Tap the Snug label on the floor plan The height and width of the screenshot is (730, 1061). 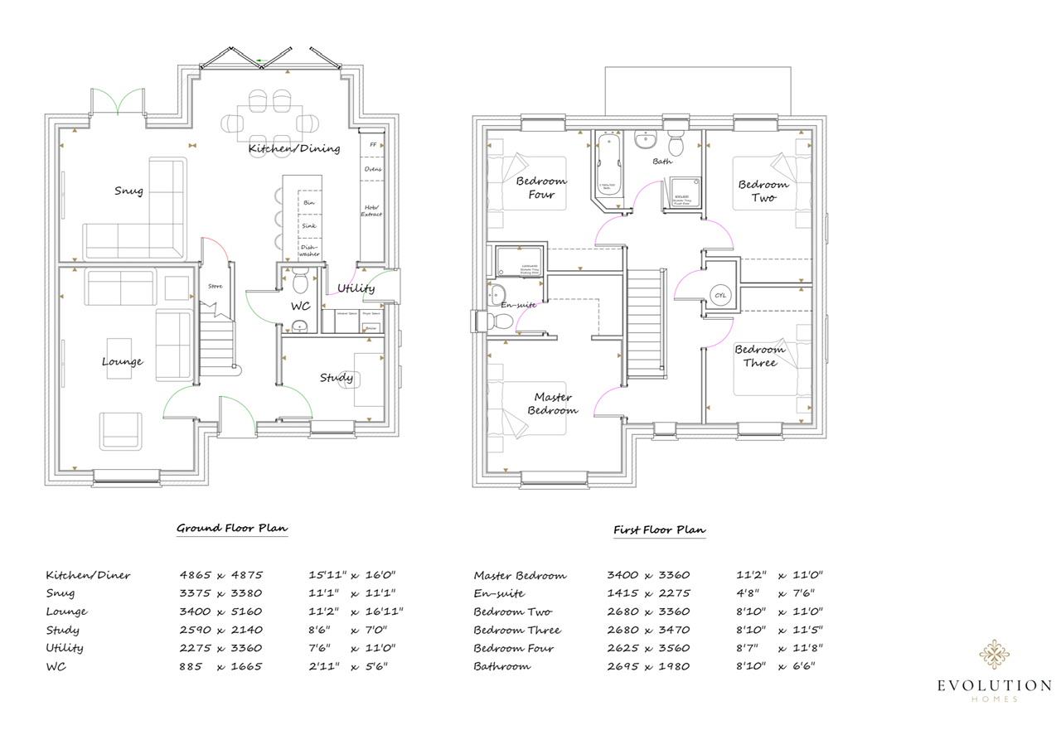point(128,191)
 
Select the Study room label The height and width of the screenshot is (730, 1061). point(337,378)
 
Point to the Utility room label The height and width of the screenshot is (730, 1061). point(356,288)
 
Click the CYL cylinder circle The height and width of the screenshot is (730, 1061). point(720,295)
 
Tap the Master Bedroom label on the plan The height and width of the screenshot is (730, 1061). point(552,404)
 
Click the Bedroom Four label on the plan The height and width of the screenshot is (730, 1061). point(540,188)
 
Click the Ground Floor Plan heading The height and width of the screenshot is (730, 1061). point(232,528)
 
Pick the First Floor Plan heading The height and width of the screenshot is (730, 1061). point(660,529)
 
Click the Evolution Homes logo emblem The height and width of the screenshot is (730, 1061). point(994,654)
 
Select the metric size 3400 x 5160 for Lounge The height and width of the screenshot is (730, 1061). point(220,612)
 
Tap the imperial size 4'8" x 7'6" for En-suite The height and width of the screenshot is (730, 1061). point(775,593)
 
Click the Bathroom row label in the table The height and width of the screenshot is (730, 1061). point(501,666)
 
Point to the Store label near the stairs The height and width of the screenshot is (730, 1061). point(215,287)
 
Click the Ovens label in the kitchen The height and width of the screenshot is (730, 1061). point(372,169)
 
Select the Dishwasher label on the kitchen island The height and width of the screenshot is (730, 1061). point(308,250)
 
